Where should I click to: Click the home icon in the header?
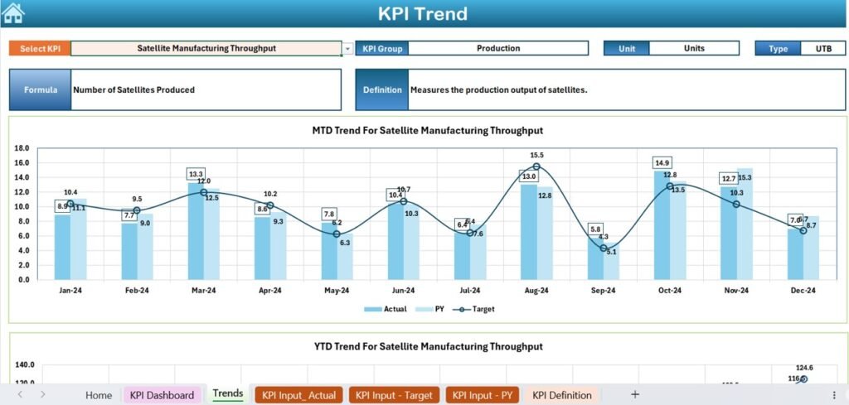pos(13,12)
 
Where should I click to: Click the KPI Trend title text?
pos(423,14)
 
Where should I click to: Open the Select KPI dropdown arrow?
pos(347,49)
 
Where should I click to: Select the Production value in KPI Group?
pos(498,49)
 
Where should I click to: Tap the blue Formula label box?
pos(41,89)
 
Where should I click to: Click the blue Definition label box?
pos(382,89)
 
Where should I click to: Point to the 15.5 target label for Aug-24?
pos(536,155)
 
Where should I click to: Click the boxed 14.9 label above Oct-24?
pos(662,162)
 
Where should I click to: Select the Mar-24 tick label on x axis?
pos(203,291)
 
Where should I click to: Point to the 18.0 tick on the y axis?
pos(22,148)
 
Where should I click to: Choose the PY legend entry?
pos(434,309)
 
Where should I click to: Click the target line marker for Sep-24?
pos(604,248)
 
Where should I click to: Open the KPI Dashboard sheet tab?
pos(162,395)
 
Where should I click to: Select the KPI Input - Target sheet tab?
pos(394,395)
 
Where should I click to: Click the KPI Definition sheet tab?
pos(562,395)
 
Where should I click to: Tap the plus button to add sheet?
pos(635,394)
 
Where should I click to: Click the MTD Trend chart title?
pos(427,131)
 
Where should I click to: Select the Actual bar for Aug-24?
pos(528,231)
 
